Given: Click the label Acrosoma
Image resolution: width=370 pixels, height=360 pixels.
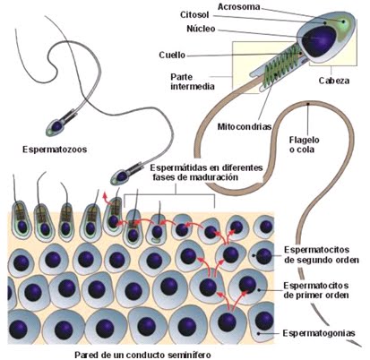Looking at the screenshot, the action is [x=238, y=6].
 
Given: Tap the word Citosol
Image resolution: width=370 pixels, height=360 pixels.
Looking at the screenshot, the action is [x=194, y=14].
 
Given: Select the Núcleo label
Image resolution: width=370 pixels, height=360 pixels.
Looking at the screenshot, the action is [x=201, y=29].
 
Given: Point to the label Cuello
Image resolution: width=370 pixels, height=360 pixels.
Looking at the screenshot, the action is [x=172, y=55].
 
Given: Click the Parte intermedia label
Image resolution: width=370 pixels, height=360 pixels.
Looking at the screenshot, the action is [x=193, y=81].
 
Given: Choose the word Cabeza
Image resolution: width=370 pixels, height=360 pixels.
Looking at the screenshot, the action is [x=334, y=81].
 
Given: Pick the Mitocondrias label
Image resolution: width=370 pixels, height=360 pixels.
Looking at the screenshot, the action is [x=245, y=126].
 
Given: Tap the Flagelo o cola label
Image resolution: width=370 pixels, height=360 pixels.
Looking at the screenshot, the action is [x=304, y=144].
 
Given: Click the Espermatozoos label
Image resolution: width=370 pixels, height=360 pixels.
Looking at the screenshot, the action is [x=55, y=149].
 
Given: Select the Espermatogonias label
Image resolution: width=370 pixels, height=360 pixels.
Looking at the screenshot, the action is [x=319, y=333].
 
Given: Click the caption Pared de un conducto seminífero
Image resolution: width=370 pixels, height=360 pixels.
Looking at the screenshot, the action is [x=142, y=355].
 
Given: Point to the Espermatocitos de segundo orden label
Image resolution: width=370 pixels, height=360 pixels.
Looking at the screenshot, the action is [x=321, y=254].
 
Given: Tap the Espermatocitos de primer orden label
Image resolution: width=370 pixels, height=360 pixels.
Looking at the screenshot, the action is [x=316, y=290].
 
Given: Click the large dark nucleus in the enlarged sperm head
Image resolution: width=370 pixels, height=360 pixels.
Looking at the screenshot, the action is [x=319, y=41].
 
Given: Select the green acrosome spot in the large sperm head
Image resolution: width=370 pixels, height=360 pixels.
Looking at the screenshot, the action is [x=344, y=21].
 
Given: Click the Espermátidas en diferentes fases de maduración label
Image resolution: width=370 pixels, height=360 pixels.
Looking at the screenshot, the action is [x=206, y=172].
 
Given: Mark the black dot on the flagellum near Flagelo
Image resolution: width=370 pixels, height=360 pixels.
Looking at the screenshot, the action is [x=307, y=104].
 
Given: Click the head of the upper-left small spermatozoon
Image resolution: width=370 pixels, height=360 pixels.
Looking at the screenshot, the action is [x=56, y=125].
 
